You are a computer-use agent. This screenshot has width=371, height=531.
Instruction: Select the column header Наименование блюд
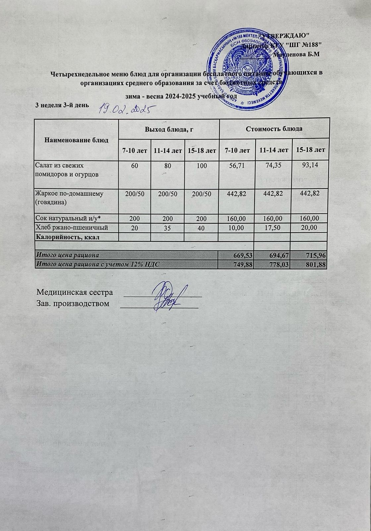click(x=77, y=140)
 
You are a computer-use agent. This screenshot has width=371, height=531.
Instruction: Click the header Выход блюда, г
click(x=168, y=129)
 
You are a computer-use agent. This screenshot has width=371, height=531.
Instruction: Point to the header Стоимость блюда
click(x=275, y=129)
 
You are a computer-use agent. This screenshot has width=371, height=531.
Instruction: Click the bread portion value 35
click(x=167, y=228)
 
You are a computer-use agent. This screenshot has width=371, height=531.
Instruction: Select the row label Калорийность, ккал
click(x=68, y=237)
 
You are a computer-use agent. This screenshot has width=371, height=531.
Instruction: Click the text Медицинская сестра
click(x=75, y=292)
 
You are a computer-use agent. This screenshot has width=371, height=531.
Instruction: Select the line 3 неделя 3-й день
click(x=62, y=105)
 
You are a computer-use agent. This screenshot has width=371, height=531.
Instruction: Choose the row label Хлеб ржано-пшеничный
click(x=72, y=227)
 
